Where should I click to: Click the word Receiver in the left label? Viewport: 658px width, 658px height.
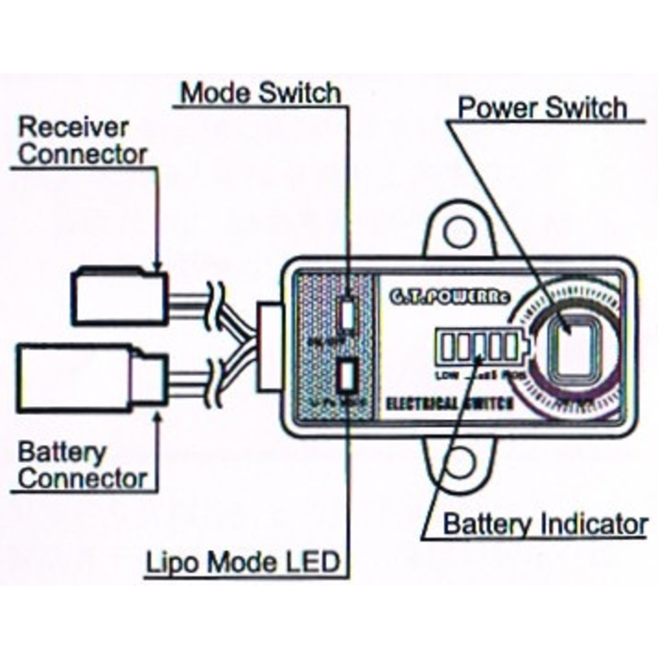[x=74, y=126]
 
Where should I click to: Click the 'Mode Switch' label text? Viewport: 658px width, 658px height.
[x=260, y=93]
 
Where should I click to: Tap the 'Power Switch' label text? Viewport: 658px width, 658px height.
[x=541, y=107]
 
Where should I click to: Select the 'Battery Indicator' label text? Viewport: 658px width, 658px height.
[x=545, y=524]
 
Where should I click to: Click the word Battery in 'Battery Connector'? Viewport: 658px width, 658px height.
[x=62, y=452]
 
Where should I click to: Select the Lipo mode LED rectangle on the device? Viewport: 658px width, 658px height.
[x=346, y=377]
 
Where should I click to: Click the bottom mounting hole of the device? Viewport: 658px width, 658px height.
[x=459, y=462]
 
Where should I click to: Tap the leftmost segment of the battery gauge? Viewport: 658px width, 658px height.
[x=447, y=348]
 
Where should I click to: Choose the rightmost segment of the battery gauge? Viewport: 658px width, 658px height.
[x=509, y=348]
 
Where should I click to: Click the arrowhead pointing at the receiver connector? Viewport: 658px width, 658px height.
[x=159, y=267]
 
